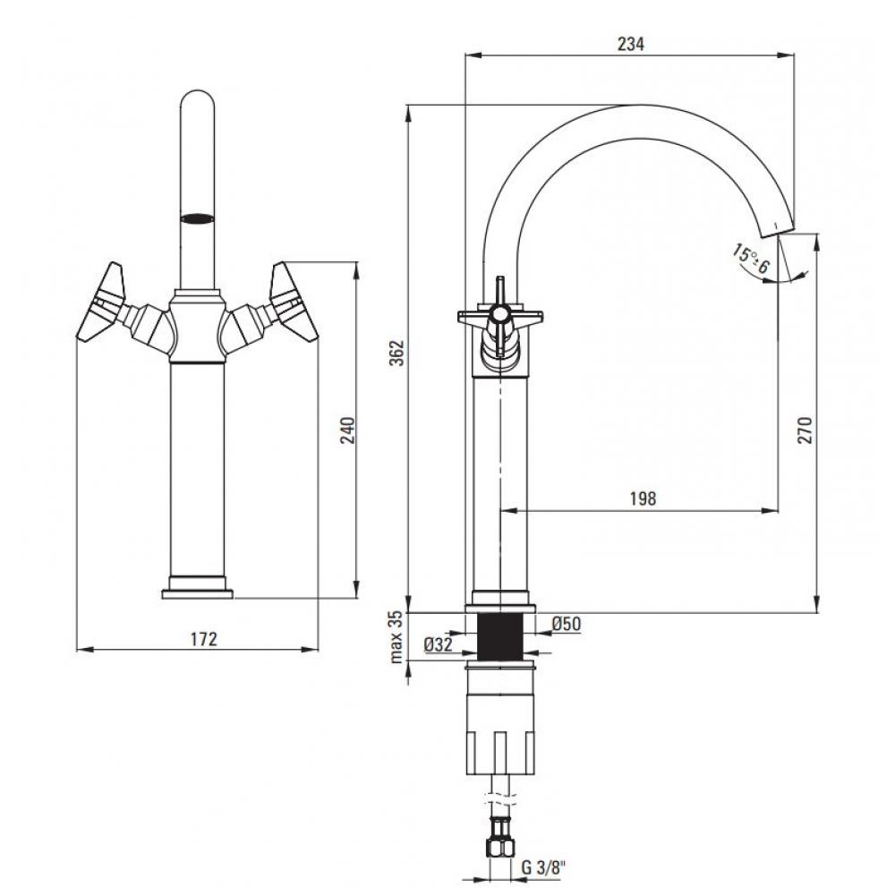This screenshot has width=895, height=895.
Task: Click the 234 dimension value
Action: coord(630,43)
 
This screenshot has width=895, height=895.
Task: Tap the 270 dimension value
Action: coord(805,430)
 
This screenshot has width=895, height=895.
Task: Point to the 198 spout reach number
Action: coord(643,499)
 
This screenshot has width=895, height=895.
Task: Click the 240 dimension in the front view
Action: coord(347,430)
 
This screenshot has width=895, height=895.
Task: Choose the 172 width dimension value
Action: coord(204,639)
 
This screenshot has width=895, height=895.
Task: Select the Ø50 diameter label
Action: coord(567,624)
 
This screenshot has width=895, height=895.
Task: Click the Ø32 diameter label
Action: coord(439,645)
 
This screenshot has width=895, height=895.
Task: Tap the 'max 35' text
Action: coord(396,637)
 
